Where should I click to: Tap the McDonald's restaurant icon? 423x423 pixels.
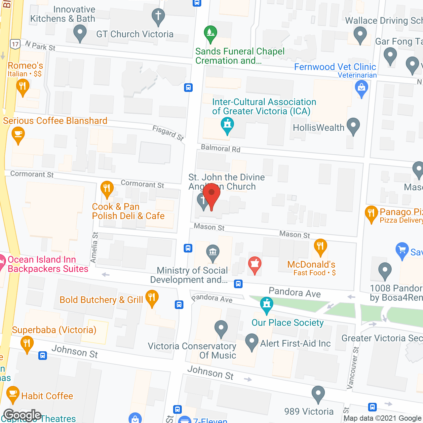[x=320, y=247]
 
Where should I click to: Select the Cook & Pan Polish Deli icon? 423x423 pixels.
[x=107, y=189]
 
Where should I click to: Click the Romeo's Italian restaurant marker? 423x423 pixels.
[x=22, y=87]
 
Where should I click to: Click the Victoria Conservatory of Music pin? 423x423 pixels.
[x=221, y=329]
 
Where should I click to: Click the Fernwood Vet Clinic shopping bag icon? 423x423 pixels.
[x=361, y=89]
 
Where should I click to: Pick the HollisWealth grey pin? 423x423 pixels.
[x=353, y=126]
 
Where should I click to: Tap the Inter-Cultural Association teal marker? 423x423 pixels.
[x=227, y=125]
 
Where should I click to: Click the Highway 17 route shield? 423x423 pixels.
[x=15, y=44]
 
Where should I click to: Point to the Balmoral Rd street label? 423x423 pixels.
[x=220, y=148]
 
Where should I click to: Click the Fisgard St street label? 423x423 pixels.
[x=168, y=133]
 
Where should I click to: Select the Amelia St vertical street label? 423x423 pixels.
[x=95, y=248]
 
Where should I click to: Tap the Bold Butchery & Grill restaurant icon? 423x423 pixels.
[x=152, y=298]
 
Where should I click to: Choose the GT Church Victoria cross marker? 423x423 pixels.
[x=158, y=17]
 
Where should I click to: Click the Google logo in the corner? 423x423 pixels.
[x=22, y=415]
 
